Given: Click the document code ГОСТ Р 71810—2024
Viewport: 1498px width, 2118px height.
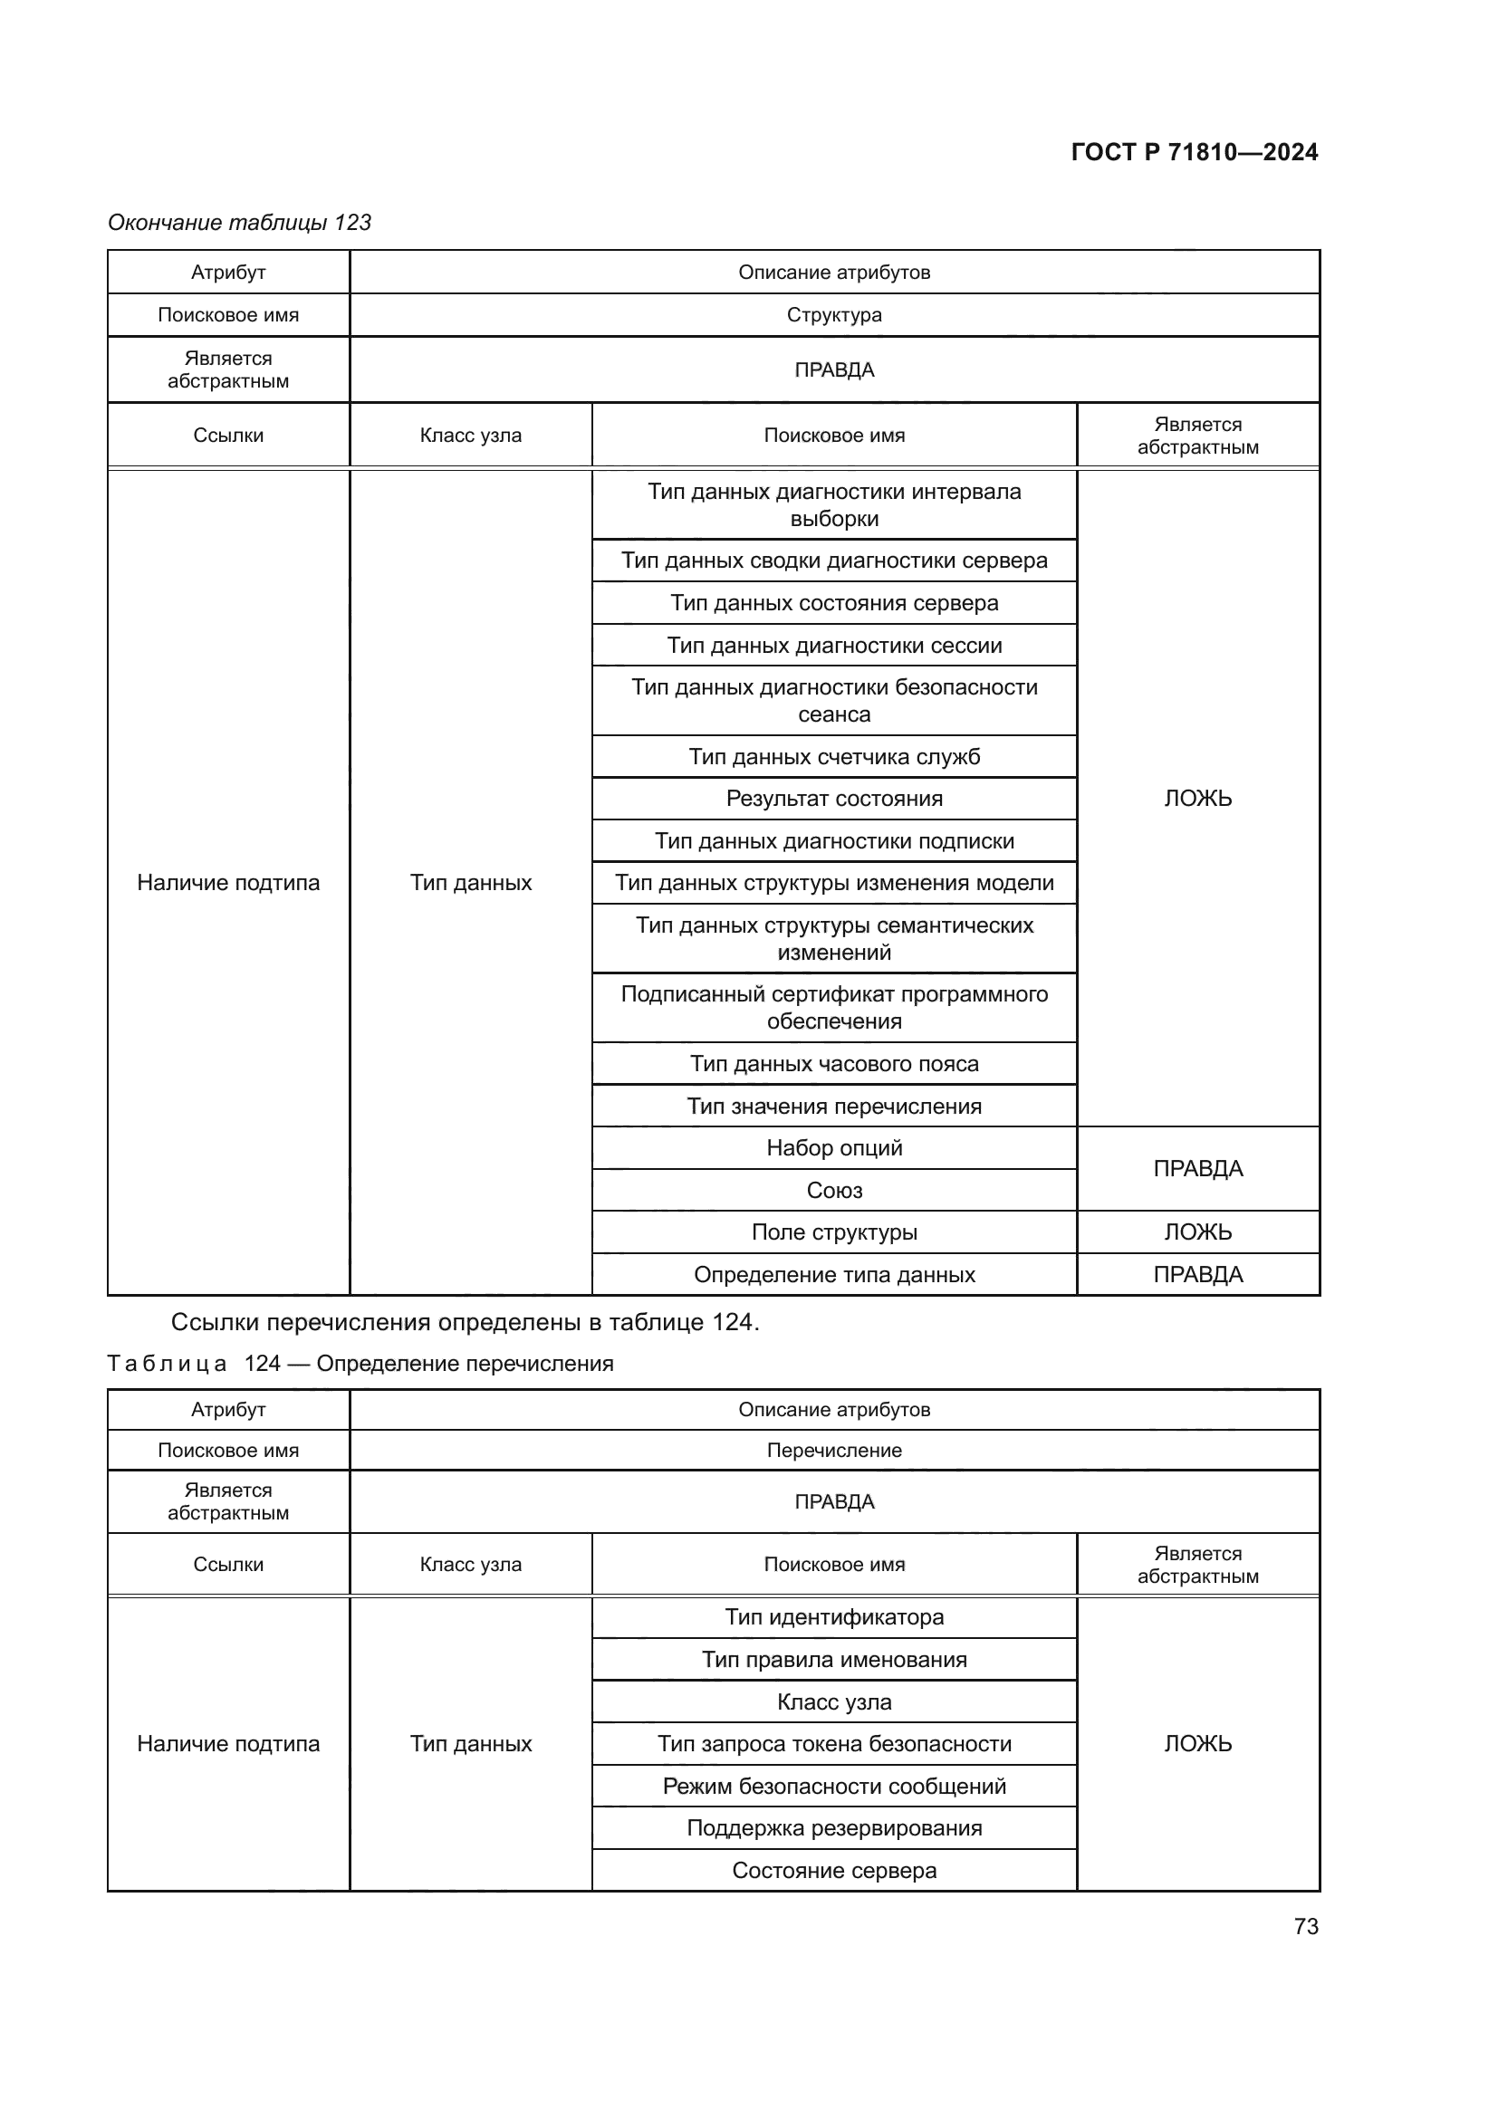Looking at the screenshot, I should point(1194,152).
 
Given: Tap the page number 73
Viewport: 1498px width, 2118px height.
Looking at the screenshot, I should point(1305,1926).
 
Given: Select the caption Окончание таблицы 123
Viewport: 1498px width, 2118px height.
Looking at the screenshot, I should point(239,223).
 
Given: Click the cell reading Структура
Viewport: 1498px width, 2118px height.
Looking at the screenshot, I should point(834,315).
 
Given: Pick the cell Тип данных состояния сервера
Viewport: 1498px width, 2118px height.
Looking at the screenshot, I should point(834,603).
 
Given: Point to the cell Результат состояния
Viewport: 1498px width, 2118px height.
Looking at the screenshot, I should point(834,799).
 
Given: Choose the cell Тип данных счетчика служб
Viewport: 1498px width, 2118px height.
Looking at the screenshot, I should point(834,757).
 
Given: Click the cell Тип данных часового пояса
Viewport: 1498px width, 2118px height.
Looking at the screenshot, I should point(834,1064).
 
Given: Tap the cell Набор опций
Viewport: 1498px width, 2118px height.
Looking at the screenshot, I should point(834,1148).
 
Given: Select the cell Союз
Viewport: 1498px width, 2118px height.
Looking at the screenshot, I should point(834,1191).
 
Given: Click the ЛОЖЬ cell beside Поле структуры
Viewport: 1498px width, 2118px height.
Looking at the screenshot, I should point(1197,1232).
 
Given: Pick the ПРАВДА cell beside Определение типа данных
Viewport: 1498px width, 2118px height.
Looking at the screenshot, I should point(1197,1275).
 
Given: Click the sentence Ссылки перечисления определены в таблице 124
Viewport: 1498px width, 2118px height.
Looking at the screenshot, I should point(465,1323).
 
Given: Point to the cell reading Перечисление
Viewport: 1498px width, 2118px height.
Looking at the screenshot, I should point(834,1450).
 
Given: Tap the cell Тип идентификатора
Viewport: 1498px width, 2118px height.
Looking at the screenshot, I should point(834,1617).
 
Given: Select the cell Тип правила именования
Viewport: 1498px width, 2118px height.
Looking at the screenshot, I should point(834,1660).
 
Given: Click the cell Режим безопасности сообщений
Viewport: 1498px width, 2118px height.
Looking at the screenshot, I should point(834,1786).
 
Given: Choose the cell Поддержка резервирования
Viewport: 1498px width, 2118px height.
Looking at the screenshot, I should point(834,1828).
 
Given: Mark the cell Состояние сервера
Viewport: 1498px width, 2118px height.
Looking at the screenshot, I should point(834,1871).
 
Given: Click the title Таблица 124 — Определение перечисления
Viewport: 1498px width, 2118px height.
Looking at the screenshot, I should point(360,1364).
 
